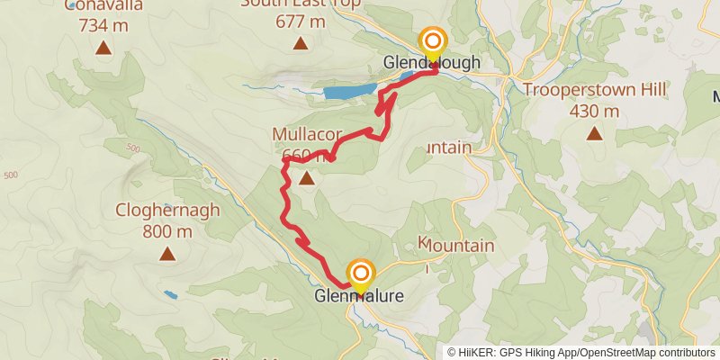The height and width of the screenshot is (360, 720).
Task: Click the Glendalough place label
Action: coord(432,63)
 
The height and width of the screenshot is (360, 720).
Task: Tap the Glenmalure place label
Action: coord(359,295)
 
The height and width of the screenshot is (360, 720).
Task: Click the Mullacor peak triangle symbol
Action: coord(307,179)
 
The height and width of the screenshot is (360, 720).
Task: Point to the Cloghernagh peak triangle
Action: coord(167,255)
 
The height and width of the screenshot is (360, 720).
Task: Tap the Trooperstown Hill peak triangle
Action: coord(594,134)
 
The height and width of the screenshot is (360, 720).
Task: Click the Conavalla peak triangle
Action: coord(103,48)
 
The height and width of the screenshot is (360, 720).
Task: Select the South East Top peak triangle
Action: coord(301,43)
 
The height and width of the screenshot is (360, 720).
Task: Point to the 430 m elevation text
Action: coord(595,112)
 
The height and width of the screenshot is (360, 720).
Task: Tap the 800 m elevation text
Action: coord(167,231)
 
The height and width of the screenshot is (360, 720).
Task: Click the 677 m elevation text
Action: coord(301,22)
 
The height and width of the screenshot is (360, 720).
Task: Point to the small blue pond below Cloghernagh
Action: coord(171,294)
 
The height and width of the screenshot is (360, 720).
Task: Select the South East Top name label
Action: coord(301,4)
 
